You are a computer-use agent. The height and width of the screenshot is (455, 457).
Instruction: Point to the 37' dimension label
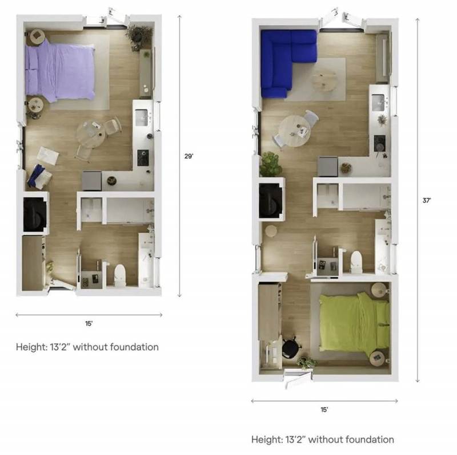click(426, 201)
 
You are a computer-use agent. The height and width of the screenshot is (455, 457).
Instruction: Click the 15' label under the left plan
click(89, 323)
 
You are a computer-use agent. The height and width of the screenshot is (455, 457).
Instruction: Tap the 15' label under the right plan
click(324, 409)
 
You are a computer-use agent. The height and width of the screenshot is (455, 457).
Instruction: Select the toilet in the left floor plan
click(120, 274)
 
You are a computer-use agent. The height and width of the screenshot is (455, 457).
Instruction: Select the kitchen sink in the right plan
click(378, 102)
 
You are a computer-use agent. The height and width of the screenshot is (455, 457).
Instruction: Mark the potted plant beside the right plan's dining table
click(270, 164)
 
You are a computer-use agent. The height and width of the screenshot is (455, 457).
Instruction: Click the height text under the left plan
click(87, 347)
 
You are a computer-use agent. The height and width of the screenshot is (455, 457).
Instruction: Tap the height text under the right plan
click(322, 440)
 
